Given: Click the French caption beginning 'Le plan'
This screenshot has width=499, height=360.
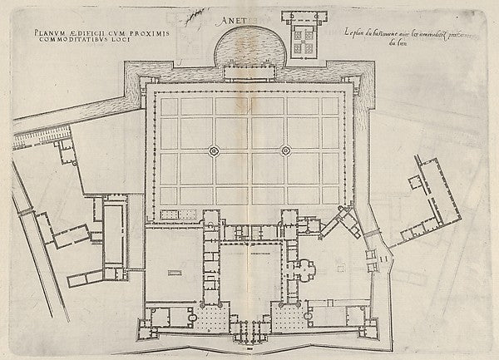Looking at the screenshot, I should tap(399, 35).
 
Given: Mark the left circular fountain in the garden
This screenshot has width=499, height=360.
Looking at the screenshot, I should tap(213, 150).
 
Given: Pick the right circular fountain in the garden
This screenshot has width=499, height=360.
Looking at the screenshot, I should tap(285, 150).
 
